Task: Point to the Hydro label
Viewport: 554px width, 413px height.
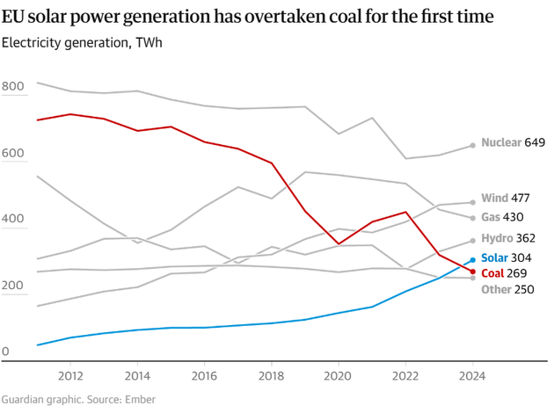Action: click(497, 238)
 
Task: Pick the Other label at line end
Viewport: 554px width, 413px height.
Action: click(496, 290)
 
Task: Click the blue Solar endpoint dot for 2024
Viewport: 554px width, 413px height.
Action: click(473, 260)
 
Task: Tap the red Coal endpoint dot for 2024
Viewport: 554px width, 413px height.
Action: click(473, 272)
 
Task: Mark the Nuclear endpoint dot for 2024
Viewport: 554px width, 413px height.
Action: click(473, 145)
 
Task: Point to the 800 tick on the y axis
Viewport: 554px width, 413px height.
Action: click(13, 87)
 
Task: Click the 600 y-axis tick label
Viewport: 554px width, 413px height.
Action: click(13, 153)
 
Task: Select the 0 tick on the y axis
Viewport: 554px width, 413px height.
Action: click(5, 352)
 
